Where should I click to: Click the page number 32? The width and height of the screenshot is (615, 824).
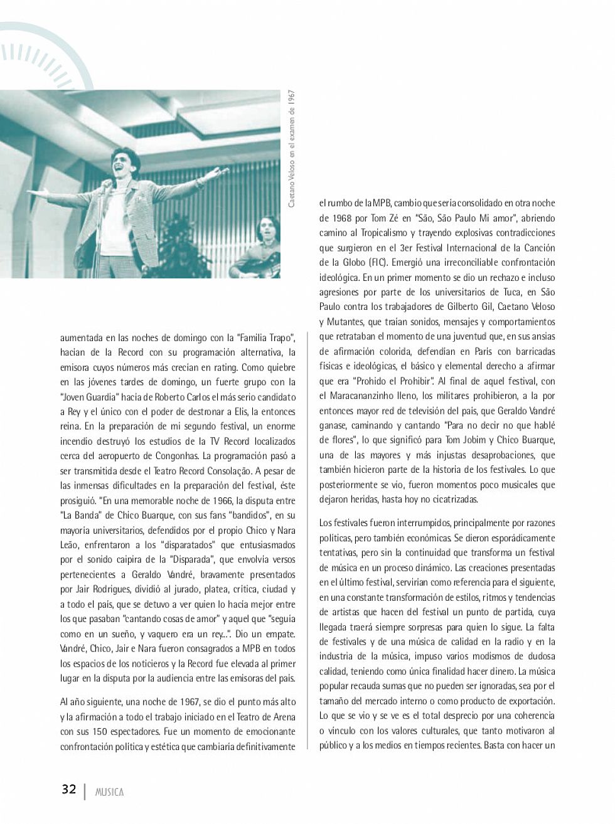click(x=68, y=789)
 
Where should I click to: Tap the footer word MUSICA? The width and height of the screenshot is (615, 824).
click(x=109, y=791)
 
